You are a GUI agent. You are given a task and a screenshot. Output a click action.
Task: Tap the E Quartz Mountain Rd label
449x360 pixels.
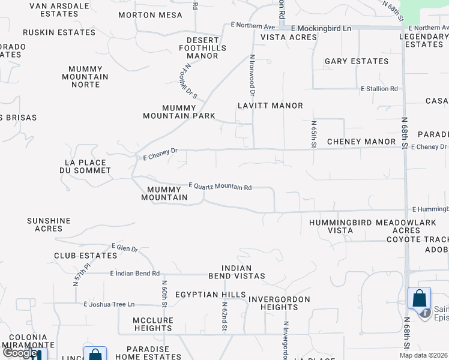click(220, 187)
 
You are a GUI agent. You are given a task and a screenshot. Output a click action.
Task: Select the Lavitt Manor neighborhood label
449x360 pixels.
click(270, 106)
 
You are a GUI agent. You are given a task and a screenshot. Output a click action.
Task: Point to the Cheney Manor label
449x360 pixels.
click(361, 142)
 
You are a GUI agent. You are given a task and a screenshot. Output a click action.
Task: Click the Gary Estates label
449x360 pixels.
click(357, 61)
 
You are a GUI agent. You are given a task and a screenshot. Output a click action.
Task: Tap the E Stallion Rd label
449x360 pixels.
click(379, 89)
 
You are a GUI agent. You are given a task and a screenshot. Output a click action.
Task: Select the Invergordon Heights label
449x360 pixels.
click(279, 303)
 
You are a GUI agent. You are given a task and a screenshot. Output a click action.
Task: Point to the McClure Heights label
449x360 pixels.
click(153, 325)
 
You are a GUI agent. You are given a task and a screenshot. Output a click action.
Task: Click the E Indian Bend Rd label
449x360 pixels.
click(135, 274)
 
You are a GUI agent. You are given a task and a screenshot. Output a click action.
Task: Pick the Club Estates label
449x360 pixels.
click(85, 256)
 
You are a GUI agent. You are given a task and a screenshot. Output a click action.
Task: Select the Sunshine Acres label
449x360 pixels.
click(49, 225)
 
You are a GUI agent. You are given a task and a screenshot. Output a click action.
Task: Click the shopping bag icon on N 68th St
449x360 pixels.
click(419, 298)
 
